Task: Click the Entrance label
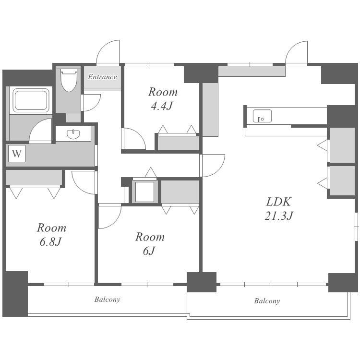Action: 102,77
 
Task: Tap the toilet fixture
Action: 69,80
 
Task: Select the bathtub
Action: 31,101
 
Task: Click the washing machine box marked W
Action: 17,154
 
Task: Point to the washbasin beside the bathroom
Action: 73,134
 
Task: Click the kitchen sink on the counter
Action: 262,116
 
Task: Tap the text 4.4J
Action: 162,106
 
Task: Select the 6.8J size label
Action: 51,242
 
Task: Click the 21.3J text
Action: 279,216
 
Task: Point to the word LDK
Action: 279,202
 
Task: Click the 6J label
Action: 149,251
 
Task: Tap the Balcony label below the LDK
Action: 267,301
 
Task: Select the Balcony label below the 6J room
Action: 107,300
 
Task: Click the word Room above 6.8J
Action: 52,228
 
